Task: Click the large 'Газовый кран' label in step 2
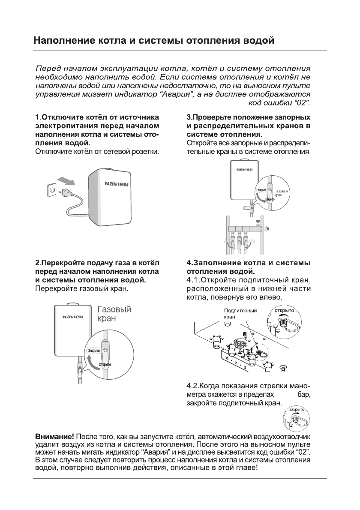[114, 314]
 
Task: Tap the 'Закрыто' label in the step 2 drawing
[93, 350]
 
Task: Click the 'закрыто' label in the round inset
[296, 410]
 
